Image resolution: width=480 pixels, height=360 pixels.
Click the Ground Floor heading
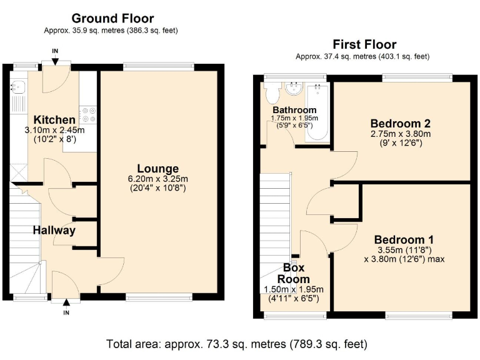(112, 19)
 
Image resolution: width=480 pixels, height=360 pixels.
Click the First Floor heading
(364, 44)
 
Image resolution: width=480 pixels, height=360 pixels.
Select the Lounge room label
(158, 169)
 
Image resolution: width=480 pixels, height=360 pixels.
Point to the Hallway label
(54, 230)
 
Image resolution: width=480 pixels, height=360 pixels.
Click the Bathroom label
(294, 110)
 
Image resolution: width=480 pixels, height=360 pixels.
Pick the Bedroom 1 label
(404, 239)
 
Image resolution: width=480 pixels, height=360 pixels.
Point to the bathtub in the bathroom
(317, 112)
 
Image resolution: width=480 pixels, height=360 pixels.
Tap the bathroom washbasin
(292, 90)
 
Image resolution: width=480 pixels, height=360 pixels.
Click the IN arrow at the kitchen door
(56, 59)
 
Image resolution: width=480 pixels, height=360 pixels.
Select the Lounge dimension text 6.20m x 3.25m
(158, 179)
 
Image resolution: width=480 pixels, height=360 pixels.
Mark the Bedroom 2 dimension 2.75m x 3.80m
(400, 133)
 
